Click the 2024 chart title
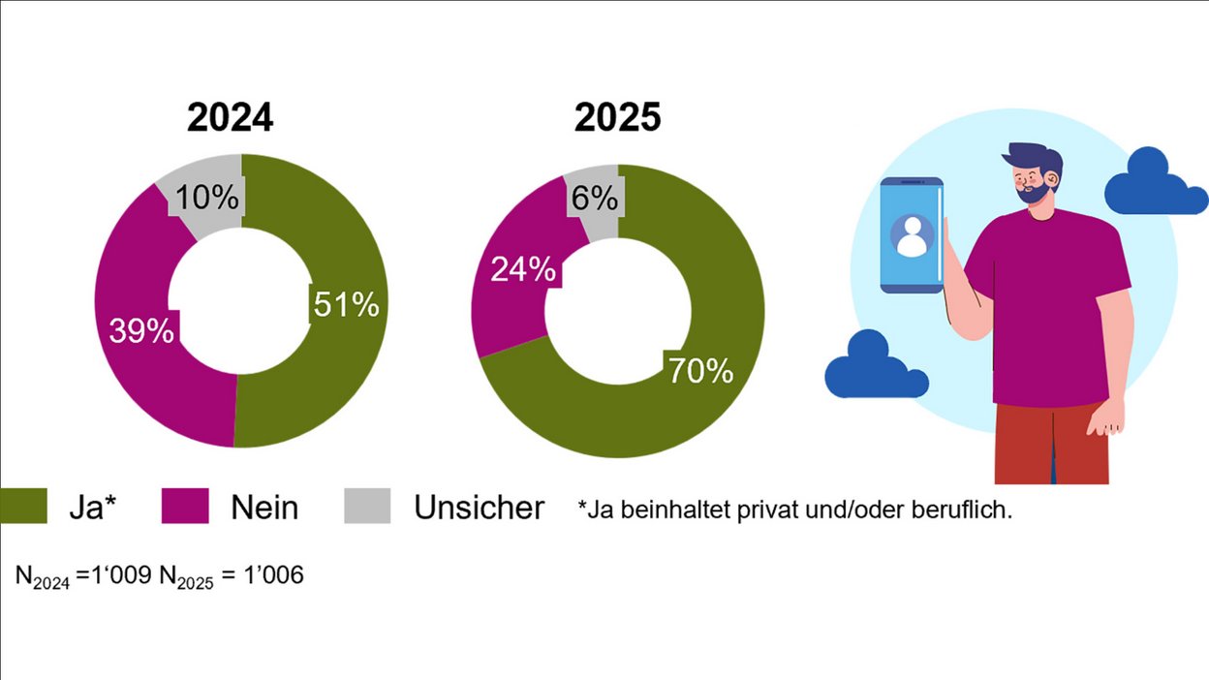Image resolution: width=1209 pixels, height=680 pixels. pos(230,118)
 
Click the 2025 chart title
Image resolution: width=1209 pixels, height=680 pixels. pos(617,118)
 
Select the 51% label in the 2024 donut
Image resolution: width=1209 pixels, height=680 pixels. pos(346,304)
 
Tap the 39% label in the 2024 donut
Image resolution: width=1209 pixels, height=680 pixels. pos(141,330)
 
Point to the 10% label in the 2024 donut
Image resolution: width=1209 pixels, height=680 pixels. pos(207,198)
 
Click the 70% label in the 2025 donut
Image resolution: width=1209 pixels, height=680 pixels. pos(700,370)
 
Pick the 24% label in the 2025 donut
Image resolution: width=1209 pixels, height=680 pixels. pos(523,269)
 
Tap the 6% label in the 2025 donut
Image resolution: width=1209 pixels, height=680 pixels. pos(594,199)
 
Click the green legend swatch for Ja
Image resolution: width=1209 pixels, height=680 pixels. pos(23,507)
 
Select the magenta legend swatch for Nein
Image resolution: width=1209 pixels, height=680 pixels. pos(185,507)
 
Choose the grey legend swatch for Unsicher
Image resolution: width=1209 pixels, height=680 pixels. pos(367,507)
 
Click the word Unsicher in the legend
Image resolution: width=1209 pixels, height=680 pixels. pos(479,508)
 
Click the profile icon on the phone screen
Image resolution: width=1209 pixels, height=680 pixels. pos(912,235)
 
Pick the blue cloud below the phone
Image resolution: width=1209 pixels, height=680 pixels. pos(875,367)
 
